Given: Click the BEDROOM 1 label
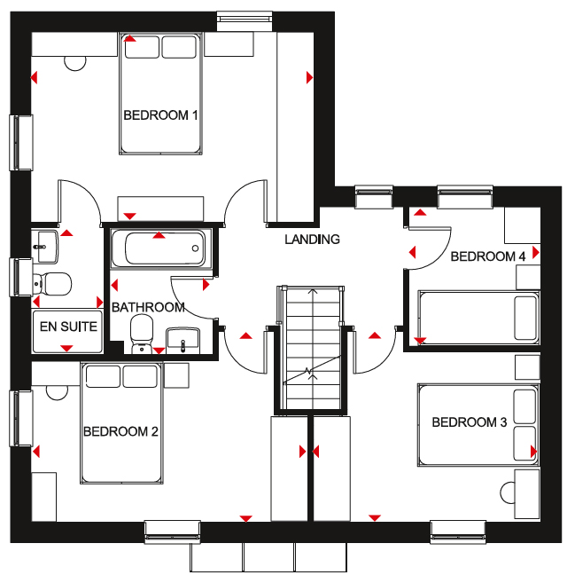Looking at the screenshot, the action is (160, 115).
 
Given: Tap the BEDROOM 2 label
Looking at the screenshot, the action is (120, 431).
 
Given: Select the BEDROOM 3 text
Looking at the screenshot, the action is (470, 422).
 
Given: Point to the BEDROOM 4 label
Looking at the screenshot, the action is (488, 256).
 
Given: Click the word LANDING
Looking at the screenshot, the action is (312, 240).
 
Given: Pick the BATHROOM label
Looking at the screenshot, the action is (148, 307).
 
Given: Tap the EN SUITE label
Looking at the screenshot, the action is (68, 327).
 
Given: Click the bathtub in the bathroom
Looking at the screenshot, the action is (161, 248).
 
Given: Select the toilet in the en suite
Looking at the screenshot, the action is (51, 283).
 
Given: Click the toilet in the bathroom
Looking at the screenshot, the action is (142, 335).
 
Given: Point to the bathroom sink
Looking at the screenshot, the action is (183, 341).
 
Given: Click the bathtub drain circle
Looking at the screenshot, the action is (195, 248).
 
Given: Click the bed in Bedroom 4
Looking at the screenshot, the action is (478, 318).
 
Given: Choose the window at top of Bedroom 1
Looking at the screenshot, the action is (245, 21).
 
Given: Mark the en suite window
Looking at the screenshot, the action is (21, 277).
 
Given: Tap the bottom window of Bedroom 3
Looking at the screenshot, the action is (458, 532).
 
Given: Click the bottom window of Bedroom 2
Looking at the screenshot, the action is (173, 532).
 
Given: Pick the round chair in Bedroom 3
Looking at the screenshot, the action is (508, 492).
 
